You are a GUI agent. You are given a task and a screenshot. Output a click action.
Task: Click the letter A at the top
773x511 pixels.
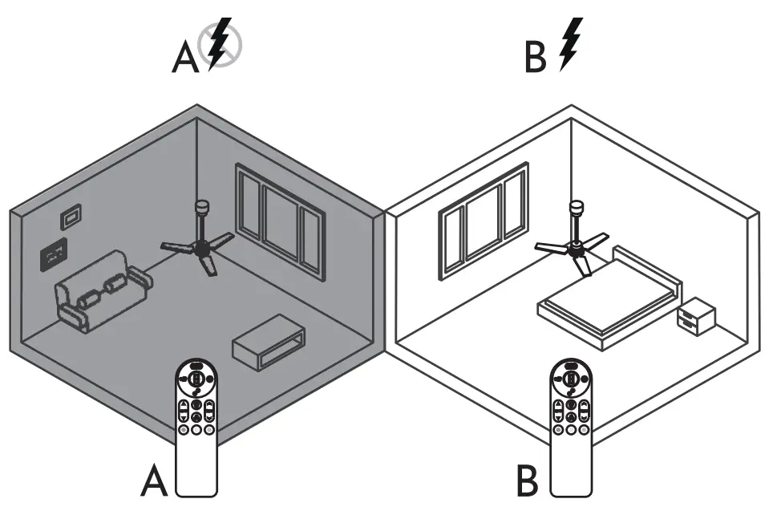click(187, 59)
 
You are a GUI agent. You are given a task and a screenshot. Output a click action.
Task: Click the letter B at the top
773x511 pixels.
click(537, 59)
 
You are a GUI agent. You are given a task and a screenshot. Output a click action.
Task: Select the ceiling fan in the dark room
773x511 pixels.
click(199, 245)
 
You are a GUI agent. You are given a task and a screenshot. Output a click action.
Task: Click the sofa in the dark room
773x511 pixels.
click(101, 290)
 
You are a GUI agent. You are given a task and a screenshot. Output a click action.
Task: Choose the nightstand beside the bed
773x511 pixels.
click(695, 316)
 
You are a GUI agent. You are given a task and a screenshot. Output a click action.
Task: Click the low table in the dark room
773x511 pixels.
click(269, 342)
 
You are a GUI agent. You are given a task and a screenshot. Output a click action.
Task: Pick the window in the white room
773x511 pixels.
click(483, 219)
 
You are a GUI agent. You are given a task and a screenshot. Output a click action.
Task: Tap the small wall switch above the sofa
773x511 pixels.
click(71, 217)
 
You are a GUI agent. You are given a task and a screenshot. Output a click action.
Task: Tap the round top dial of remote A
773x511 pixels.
click(196, 378)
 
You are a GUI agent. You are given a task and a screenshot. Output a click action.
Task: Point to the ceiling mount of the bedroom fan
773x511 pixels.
click(575, 209)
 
